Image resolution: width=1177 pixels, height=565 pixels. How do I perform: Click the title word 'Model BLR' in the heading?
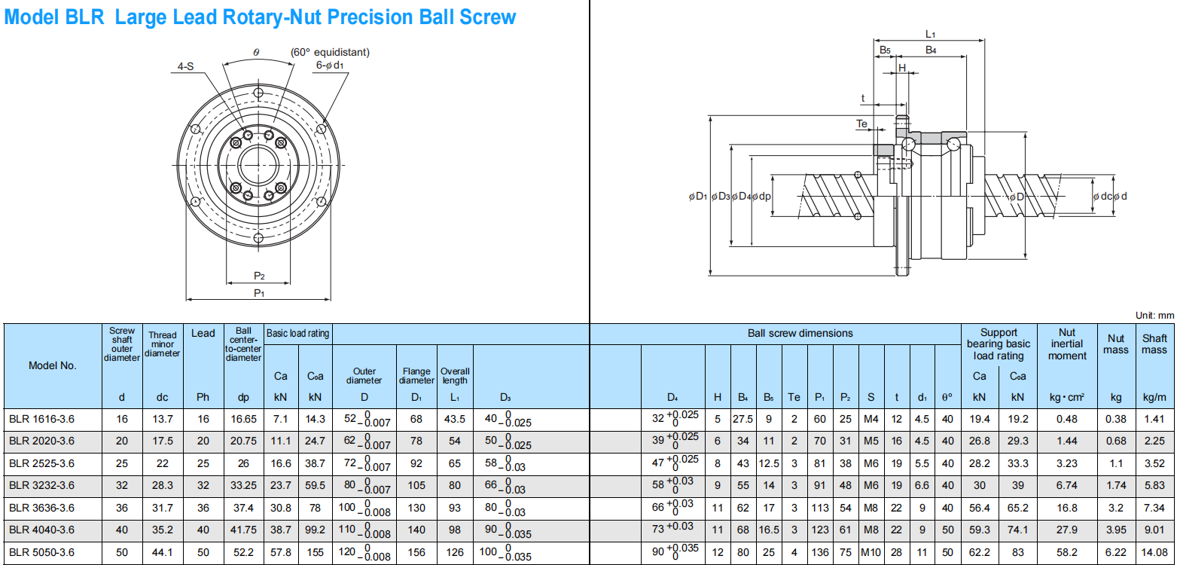coord(54,17)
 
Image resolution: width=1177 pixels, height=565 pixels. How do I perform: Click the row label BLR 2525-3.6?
coord(41,463)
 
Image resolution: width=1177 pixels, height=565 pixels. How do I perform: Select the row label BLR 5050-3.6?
coord(41,552)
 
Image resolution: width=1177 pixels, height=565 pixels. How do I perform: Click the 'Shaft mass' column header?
coord(1154,344)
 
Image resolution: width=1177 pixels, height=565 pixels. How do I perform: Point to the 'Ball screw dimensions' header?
coord(800,333)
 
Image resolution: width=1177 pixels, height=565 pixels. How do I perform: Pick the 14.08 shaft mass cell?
coord(1154,552)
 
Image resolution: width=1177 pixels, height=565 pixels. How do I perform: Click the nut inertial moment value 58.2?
coord(1067,552)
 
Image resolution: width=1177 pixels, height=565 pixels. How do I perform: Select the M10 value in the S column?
coord(871,552)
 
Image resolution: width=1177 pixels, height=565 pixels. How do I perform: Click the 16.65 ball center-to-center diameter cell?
coord(244,419)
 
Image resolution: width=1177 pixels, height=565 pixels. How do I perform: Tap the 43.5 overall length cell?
coord(455,419)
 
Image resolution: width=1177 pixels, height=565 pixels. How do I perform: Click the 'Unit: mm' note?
coord(1154,316)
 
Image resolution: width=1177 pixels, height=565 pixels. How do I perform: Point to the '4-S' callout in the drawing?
coord(185,67)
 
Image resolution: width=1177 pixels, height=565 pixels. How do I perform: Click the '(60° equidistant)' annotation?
coord(330,52)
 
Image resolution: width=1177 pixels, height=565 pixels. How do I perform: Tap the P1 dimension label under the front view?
coord(258,292)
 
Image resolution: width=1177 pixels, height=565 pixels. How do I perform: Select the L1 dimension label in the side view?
coord(930,34)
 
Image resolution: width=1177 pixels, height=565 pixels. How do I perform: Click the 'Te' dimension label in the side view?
coord(862,124)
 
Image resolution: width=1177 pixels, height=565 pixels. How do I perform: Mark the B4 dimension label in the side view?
coord(931,50)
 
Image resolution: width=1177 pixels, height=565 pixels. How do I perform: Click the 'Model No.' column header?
coord(52,366)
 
